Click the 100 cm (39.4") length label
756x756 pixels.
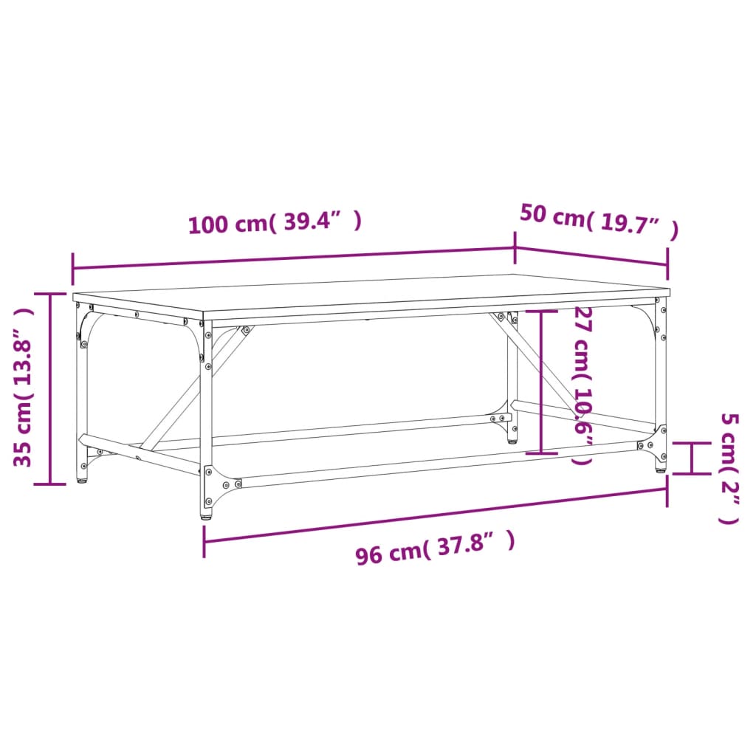point(275,222)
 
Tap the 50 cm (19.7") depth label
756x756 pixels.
point(598,221)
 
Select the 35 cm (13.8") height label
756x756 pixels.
point(24,388)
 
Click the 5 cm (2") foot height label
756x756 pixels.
point(729,469)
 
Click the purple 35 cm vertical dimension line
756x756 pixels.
point(50,388)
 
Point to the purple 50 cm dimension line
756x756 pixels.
point(591,256)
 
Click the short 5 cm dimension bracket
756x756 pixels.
point(692,458)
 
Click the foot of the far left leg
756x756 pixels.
point(83,480)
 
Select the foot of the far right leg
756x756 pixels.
point(661,468)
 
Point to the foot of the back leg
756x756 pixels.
point(512,440)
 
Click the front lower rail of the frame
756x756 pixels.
point(436,463)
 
